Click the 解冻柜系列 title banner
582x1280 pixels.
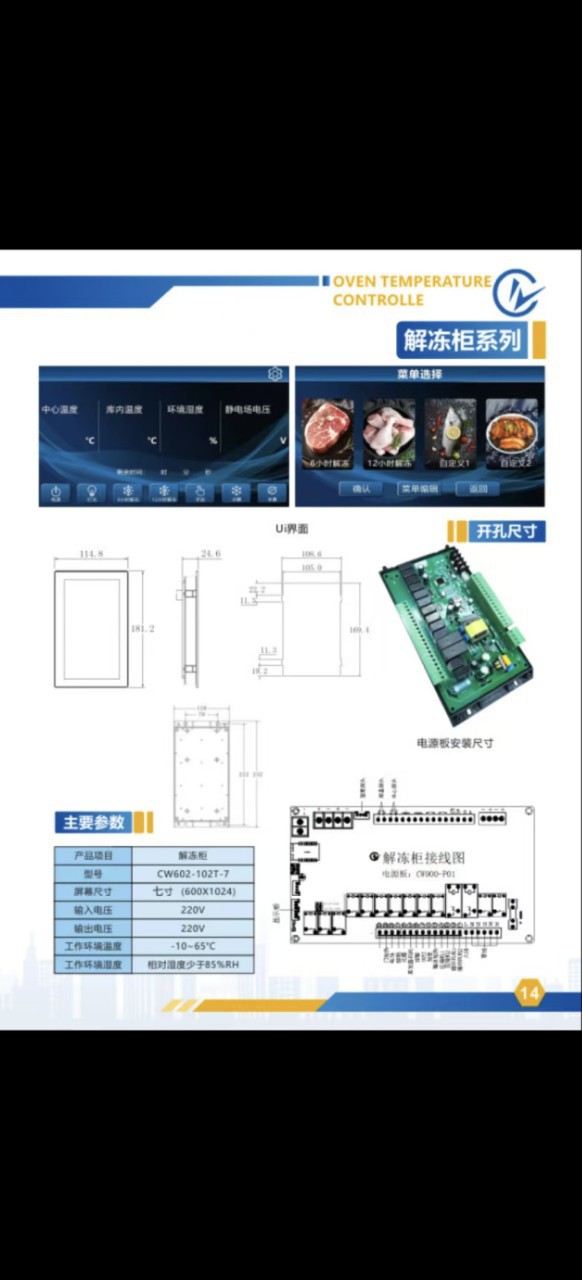point(463,340)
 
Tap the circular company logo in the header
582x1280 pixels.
point(521,291)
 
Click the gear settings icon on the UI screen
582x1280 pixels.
point(275,374)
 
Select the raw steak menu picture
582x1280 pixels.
point(327,433)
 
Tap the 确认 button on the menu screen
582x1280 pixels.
point(361,489)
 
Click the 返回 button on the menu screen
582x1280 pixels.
point(478,489)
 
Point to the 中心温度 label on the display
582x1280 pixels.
point(60,410)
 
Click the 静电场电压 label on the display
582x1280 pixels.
point(248,410)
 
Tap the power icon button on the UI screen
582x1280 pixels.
point(56,492)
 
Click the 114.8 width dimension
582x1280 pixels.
point(93,554)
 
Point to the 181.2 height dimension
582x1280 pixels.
point(143,629)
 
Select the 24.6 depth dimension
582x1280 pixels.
point(210,553)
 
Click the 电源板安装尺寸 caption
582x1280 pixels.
point(455,743)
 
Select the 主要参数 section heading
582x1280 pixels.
point(95,822)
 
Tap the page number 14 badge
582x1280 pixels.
point(529,993)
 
